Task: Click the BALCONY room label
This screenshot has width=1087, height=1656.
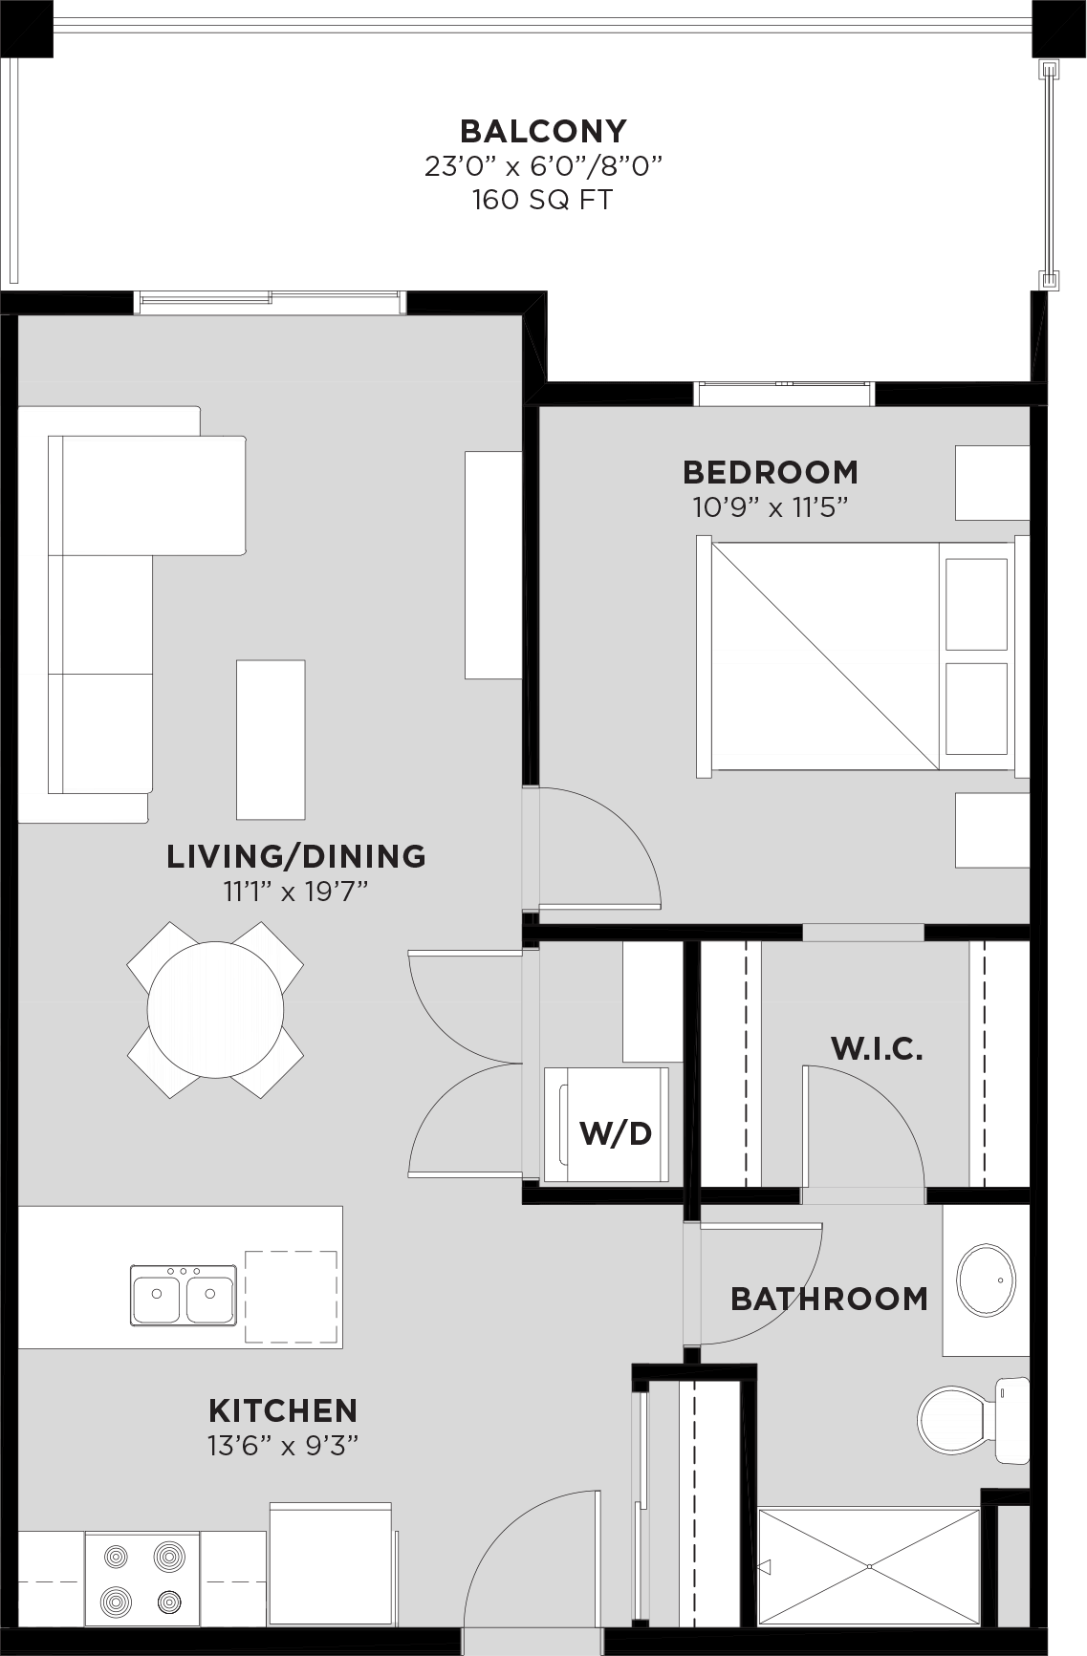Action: tap(543, 130)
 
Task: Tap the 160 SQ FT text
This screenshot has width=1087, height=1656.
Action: tap(542, 200)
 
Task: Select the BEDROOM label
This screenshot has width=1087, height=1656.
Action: tap(771, 472)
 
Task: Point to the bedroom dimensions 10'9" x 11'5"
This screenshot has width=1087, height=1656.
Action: tap(771, 506)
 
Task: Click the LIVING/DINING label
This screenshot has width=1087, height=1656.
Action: tap(296, 856)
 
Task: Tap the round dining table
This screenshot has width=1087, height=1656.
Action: tap(215, 1010)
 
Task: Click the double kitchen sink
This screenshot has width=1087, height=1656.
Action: tap(184, 1295)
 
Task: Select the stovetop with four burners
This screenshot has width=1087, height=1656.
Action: tap(142, 1578)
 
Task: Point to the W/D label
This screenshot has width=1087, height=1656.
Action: tap(616, 1133)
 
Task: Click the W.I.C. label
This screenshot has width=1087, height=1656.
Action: tap(877, 1048)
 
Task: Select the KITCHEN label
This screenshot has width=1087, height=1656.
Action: tap(283, 1410)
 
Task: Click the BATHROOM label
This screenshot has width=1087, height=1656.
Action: tap(829, 1299)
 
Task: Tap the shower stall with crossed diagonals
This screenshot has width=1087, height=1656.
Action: tap(869, 1567)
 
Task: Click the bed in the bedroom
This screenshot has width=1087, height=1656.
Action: tap(862, 656)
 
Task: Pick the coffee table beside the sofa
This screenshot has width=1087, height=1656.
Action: tap(271, 740)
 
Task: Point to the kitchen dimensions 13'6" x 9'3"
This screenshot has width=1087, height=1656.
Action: tap(283, 1445)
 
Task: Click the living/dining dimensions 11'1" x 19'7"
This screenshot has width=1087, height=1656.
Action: tap(295, 892)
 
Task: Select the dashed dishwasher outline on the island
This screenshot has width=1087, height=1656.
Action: tap(292, 1297)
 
